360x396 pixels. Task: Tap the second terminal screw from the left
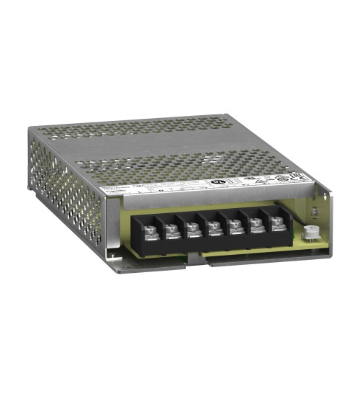(x=172, y=230)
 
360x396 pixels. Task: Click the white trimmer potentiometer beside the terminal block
(x=312, y=232)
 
